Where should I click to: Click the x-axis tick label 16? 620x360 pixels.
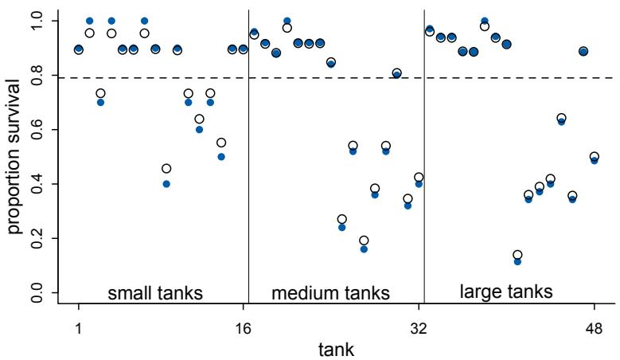[x=244, y=327]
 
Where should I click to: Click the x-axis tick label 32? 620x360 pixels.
[x=419, y=327]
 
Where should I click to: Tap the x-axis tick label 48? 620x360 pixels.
[x=595, y=327]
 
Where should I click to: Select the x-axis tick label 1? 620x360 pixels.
[x=79, y=327]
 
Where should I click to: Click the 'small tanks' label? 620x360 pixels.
[x=156, y=292]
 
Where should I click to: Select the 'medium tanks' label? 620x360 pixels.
[x=331, y=293]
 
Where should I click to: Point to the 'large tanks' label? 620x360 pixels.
[x=506, y=292]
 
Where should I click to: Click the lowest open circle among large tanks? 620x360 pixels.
[x=517, y=255]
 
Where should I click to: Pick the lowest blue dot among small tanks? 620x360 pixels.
[x=166, y=183]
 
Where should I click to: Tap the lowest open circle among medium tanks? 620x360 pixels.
[x=364, y=241]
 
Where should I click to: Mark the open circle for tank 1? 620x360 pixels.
[x=79, y=50]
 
